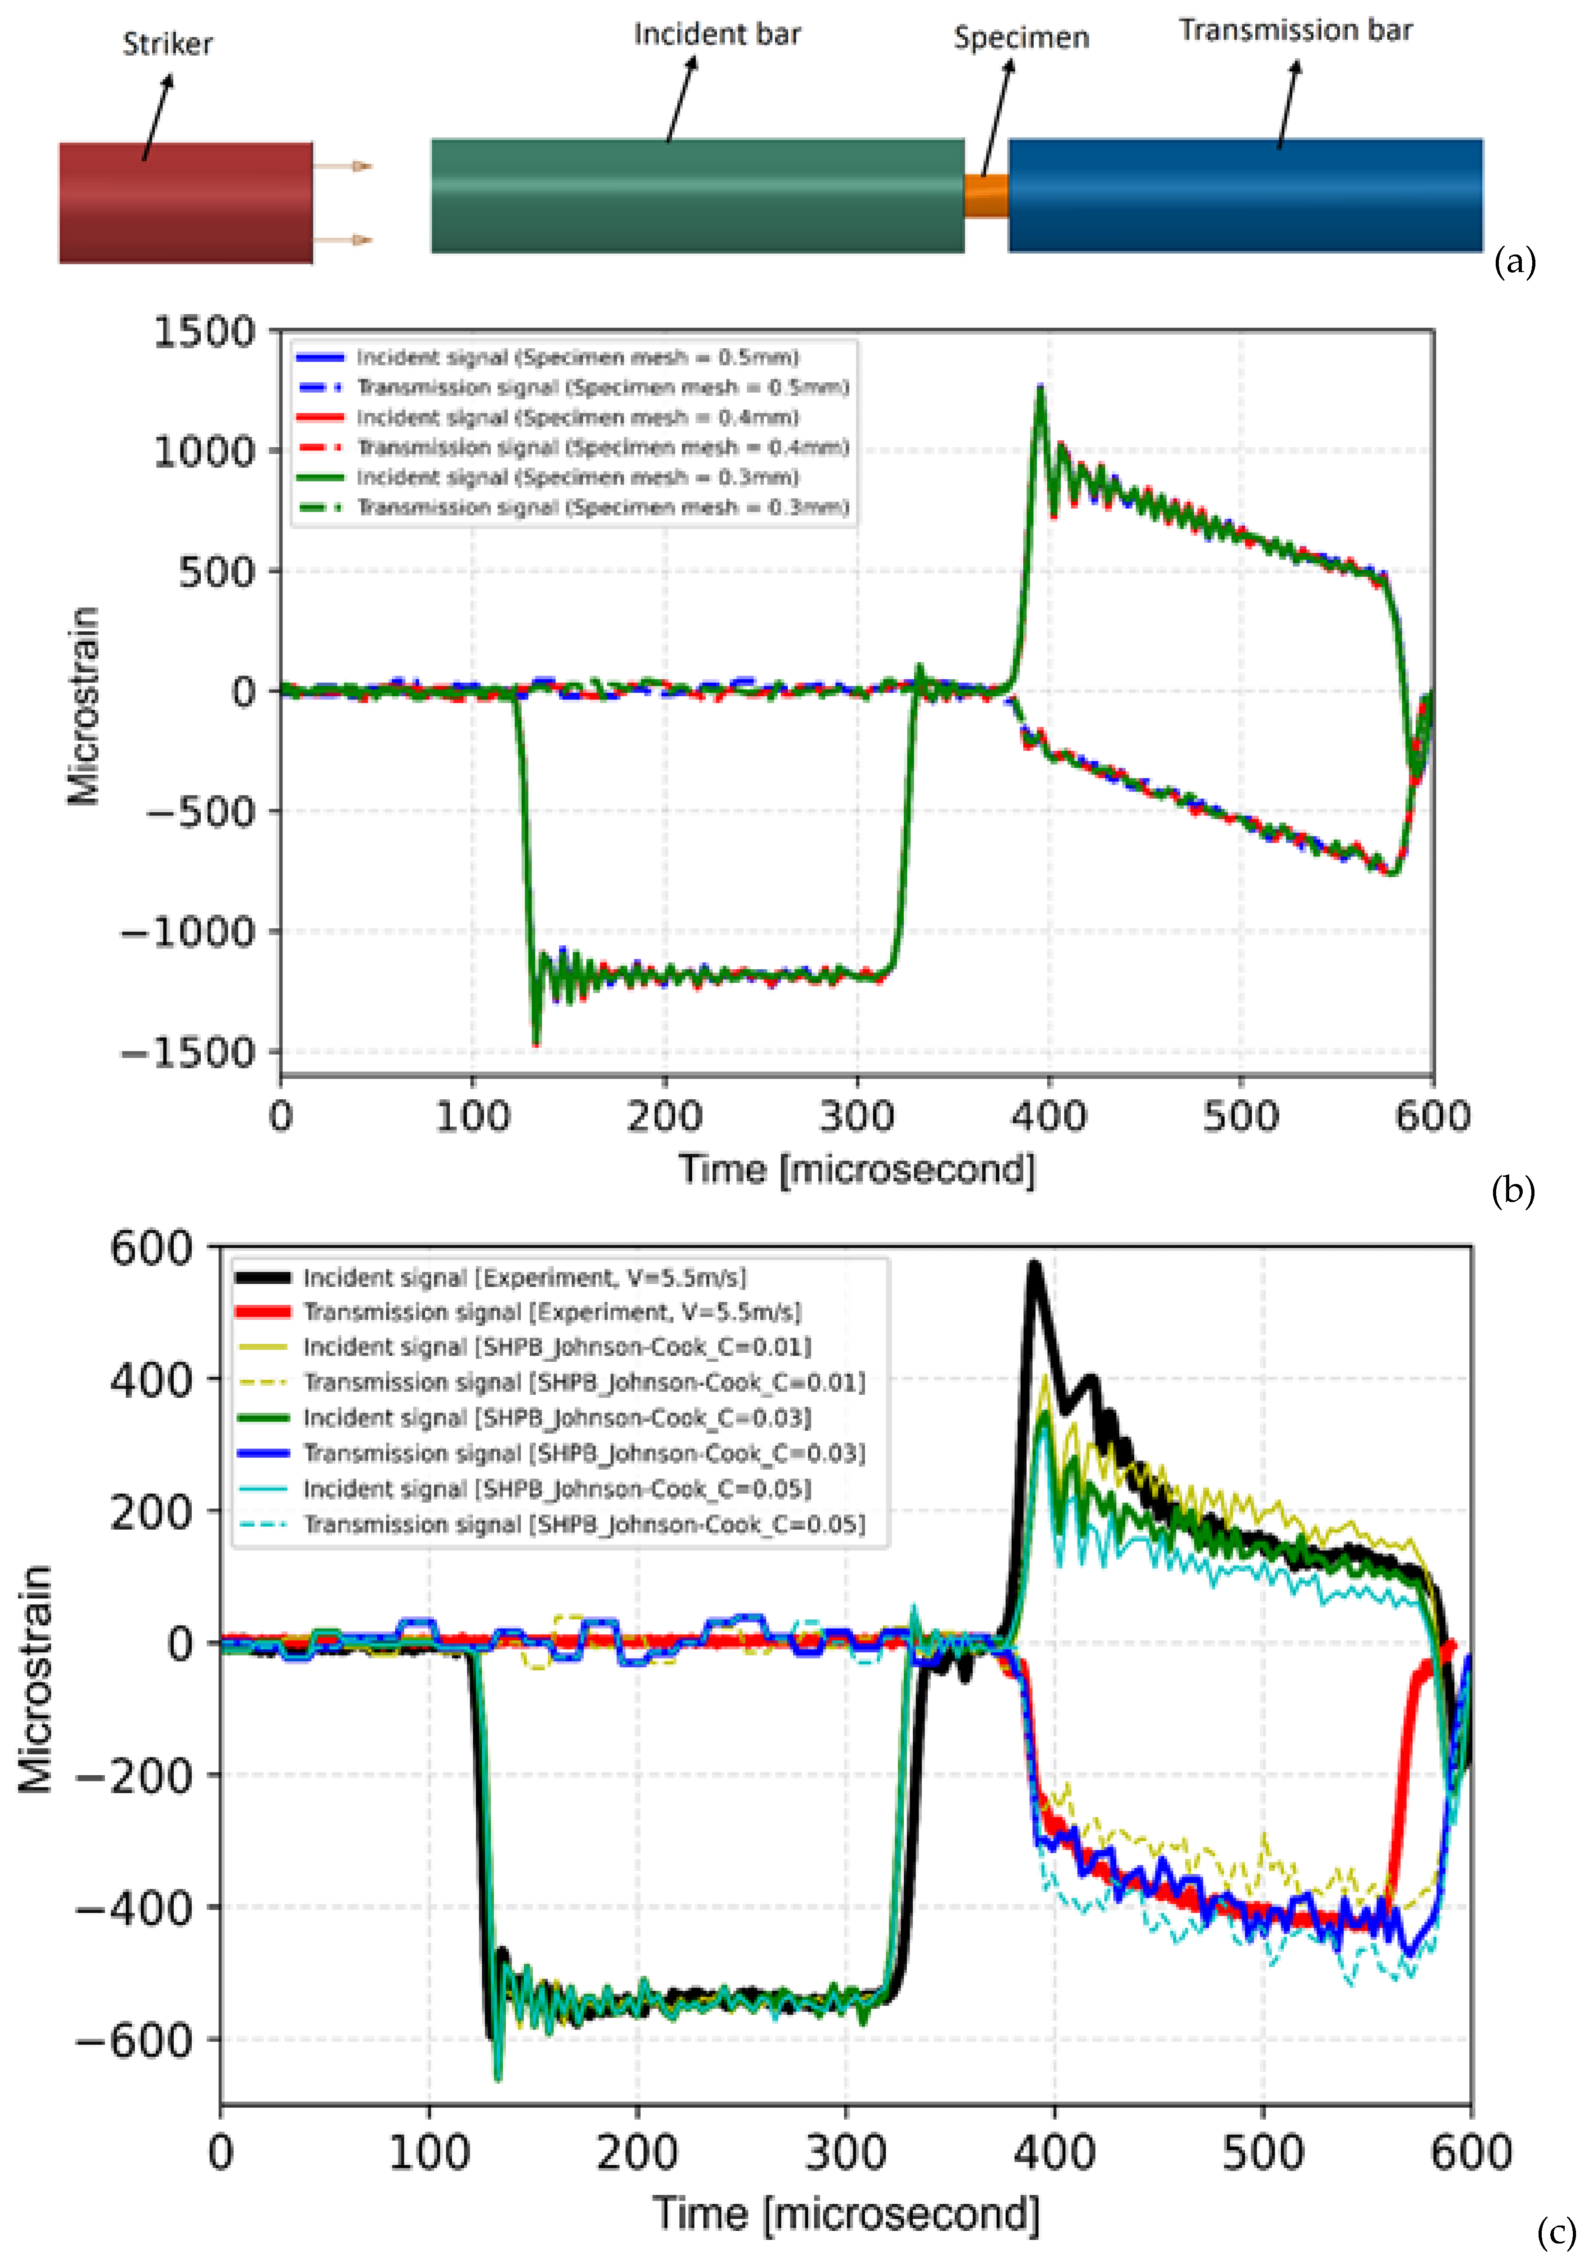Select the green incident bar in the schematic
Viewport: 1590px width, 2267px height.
[x=697, y=195]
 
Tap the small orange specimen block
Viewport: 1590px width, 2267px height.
[x=985, y=195]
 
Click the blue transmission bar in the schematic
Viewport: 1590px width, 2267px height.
[x=1244, y=195]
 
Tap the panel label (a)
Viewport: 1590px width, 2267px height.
[x=1515, y=263]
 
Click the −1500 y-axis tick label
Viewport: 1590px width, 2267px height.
[x=188, y=1053]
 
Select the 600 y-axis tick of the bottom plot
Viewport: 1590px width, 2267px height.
[x=151, y=1248]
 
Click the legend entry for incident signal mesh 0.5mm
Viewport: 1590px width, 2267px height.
[x=577, y=357]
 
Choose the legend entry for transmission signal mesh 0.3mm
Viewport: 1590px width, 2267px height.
[x=602, y=508]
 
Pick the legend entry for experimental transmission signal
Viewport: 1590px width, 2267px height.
[x=551, y=1312]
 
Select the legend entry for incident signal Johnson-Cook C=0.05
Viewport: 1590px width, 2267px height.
[x=557, y=1489]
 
